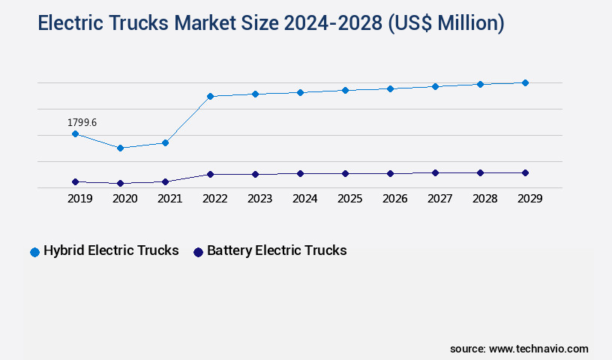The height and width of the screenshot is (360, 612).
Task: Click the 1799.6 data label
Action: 82,122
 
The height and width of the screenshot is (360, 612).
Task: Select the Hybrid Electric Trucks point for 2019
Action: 75,133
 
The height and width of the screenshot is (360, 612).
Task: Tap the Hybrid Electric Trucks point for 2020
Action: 120,148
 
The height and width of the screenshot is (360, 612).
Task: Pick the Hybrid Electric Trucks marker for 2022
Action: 210,96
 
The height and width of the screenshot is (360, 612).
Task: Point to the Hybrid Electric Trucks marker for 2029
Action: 525,82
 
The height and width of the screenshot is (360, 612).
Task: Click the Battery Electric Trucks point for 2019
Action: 75,181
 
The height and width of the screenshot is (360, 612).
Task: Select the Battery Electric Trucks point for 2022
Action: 210,174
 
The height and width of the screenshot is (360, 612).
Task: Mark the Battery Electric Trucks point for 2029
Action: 525,172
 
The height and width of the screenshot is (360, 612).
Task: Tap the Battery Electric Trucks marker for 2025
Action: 345,173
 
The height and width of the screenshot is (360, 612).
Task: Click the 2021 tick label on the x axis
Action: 169,199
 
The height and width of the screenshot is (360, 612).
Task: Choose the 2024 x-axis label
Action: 304,199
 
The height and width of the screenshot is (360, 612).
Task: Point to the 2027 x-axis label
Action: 439,199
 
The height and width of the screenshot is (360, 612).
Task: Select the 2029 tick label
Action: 529,199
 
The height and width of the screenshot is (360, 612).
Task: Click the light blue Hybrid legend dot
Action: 34,252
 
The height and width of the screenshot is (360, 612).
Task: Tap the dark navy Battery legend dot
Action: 198,252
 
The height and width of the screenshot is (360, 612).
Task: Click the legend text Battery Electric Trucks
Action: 277,250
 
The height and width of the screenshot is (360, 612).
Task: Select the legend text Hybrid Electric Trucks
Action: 111,250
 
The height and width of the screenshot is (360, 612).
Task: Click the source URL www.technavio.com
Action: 538,349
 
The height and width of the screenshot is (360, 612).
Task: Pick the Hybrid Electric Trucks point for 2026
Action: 390,88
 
